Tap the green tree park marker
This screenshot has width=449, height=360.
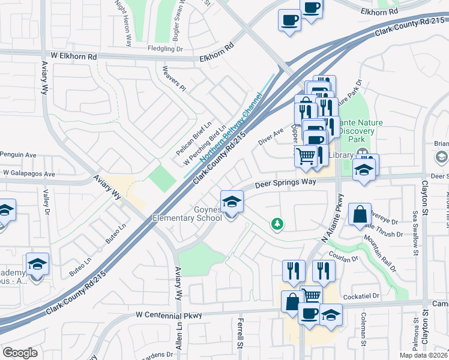277,224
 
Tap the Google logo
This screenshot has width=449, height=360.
20,353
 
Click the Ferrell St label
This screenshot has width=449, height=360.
240,335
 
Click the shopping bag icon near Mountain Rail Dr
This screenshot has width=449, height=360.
360,214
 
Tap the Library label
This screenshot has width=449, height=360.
341,155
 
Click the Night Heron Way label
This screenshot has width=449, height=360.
125,23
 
